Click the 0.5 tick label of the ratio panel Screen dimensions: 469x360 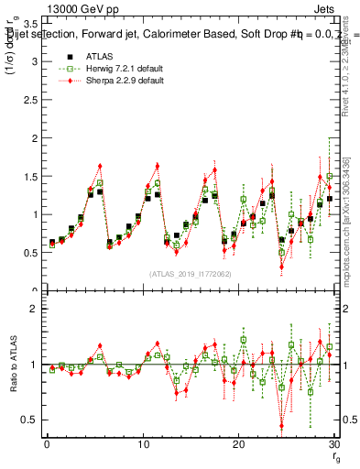[29, 420]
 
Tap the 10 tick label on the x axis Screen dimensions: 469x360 [143, 444]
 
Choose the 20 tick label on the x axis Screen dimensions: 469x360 [238, 444]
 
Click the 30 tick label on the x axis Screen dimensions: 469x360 [333, 444]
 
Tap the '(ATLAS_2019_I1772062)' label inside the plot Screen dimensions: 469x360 [189, 274]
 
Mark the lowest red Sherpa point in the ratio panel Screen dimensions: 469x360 [281, 425]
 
